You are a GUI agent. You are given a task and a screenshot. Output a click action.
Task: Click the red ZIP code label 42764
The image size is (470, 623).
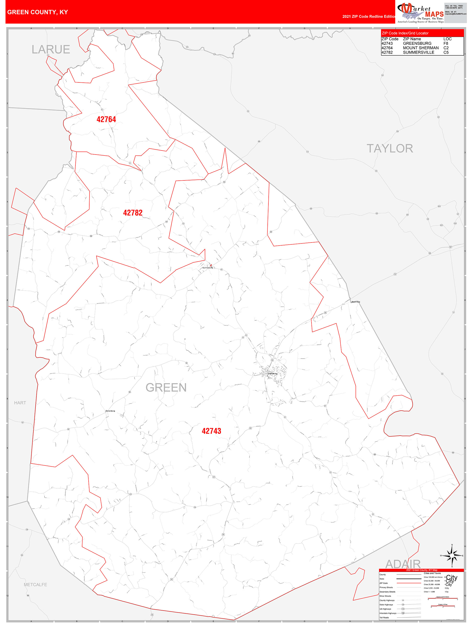click(x=106, y=119)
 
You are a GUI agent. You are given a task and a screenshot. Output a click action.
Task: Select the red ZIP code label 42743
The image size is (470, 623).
click(x=211, y=431)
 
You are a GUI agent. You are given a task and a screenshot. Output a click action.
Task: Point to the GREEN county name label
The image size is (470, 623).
click(x=166, y=387)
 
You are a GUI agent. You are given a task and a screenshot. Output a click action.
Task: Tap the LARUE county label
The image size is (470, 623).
click(x=51, y=49)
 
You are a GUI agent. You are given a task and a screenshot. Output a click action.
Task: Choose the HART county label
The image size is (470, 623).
click(x=20, y=403)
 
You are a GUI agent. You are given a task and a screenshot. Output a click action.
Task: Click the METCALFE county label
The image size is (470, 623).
click(x=35, y=584)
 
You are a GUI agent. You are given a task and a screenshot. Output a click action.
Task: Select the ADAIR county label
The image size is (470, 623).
click(x=403, y=564)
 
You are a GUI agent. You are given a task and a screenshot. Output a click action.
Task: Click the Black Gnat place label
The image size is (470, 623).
click(x=356, y=302)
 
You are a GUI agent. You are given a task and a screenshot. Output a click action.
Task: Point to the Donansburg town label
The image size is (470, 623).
click(x=110, y=411)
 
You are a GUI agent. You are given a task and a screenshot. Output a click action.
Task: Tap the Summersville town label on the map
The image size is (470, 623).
click(x=208, y=268)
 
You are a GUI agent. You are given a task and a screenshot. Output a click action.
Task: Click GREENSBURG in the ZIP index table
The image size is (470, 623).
click(x=417, y=43)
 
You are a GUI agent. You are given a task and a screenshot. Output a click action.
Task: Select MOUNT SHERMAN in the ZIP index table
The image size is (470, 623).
click(x=421, y=48)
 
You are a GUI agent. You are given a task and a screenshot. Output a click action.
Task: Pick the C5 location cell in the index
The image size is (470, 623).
click(x=446, y=52)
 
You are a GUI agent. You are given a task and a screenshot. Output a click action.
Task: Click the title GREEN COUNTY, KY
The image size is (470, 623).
click(x=37, y=12)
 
